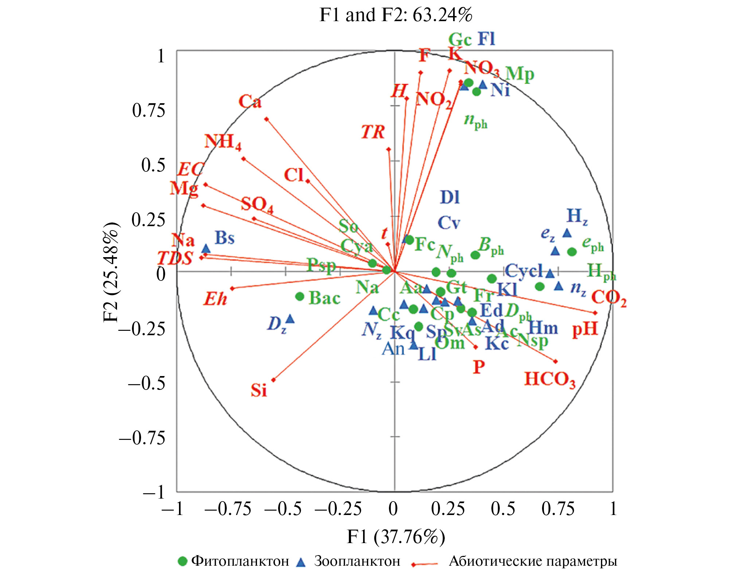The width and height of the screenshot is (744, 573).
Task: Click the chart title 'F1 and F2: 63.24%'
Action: pyautogui.click(x=396, y=15)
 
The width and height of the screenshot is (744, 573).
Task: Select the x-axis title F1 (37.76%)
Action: pyautogui.click(x=396, y=537)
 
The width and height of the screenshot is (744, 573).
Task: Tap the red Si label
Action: pyautogui.click(x=259, y=391)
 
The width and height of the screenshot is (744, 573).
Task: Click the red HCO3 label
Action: pyautogui.click(x=550, y=379)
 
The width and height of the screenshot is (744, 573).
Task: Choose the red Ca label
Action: pyautogui.click(x=250, y=101)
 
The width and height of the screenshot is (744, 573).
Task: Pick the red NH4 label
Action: pyautogui.click(x=222, y=142)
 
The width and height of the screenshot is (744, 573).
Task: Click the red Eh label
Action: pyautogui.click(x=215, y=299)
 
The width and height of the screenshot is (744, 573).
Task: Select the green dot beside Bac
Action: pyautogui.click(x=300, y=297)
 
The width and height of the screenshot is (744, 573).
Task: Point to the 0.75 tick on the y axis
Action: pyautogui.click(x=148, y=110)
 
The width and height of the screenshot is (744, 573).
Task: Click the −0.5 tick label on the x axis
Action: pyautogui.click(x=283, y=509)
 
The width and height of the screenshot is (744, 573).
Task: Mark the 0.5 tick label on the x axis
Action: pyautogui.click(x=503, y=509)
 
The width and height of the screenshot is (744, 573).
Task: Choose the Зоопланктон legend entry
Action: pyautogui.click(x=349, y=561)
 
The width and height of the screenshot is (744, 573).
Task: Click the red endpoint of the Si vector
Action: pyautogui.click(x=273, y=380)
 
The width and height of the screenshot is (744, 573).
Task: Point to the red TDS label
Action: pyautogui.click(x=175, y=258)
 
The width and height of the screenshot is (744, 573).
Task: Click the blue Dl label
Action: pyautogui.click(x=450, y=197)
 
